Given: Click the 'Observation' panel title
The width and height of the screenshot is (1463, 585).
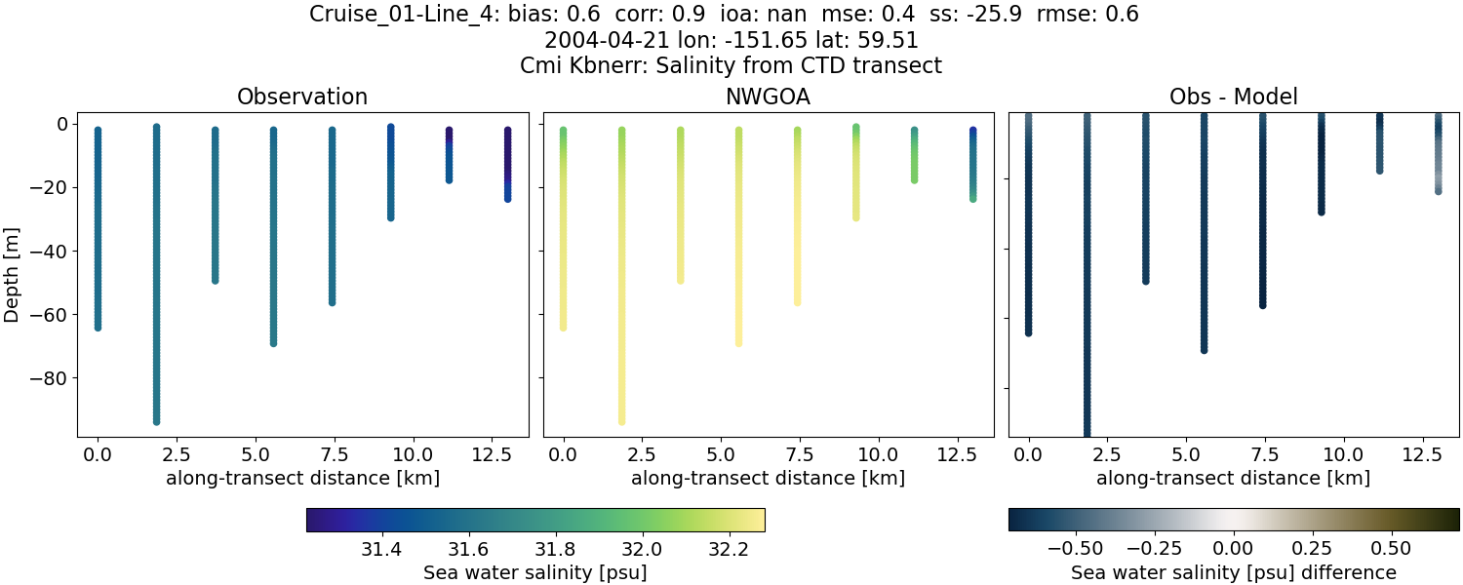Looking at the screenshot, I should pos(302,97).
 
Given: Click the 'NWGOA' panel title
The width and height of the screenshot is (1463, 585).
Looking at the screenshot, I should pos(768,97).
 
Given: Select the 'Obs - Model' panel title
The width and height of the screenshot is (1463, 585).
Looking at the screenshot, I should pos(1233,97).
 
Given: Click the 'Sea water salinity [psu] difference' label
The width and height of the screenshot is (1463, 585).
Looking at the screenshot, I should pos(1234,572).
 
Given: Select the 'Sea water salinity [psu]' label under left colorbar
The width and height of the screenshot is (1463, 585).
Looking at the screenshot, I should pos(534,572).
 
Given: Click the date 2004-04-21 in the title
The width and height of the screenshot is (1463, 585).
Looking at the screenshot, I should pos(595,40).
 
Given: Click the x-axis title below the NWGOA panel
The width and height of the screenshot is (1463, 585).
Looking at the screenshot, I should pos(768,478).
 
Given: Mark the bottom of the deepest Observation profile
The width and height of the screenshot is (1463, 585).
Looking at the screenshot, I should pos(156,420).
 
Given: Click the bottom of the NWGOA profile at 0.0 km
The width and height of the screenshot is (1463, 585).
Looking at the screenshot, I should pos(563,327).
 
